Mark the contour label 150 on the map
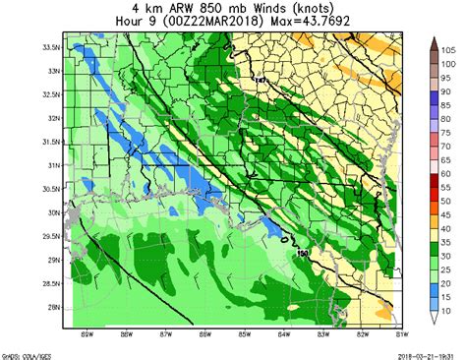(x=302, y=255)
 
